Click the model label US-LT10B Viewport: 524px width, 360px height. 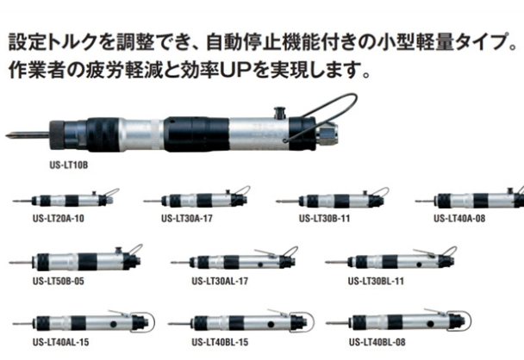point(69,165)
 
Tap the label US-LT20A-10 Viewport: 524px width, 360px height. point(58,219)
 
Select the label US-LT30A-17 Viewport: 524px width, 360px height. point(187,219)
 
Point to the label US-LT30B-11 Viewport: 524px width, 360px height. point(325,219)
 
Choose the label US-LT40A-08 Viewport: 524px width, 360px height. point(459,219)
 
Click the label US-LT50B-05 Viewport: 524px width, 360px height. point(58,281)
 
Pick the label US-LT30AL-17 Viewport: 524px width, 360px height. point(220,281)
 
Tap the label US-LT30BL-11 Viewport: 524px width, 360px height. point(376,281)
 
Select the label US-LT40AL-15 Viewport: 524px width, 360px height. point(61,342)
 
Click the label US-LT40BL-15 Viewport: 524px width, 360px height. point(220,342)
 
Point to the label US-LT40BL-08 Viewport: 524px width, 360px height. point(377,342)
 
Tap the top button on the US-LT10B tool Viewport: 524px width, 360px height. point(279,112)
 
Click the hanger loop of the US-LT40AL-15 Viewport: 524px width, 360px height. point(153,321)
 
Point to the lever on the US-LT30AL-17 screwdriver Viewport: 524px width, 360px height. point(265,252)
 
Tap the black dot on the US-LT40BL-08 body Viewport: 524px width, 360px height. point(430,324)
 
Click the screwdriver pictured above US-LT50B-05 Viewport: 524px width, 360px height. point(76,260)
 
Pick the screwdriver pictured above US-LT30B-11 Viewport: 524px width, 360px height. point(333,199)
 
